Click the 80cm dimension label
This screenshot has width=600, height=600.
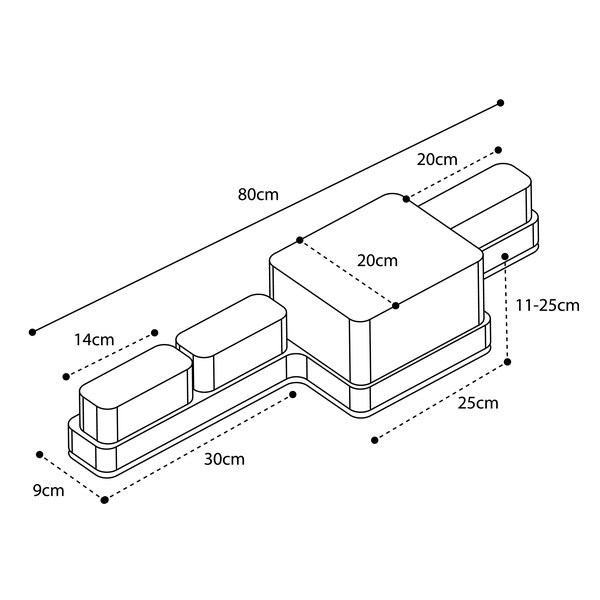(258, 194)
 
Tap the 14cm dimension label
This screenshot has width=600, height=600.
(94, 339)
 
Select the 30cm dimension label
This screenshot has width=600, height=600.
(224, 459)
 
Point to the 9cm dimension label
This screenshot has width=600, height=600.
(49, 490)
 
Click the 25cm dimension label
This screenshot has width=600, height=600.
(478, 403)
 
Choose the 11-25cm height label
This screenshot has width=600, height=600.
(548, 305)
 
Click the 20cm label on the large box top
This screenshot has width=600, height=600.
(378, 261)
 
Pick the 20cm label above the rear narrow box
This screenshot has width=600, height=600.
(437, 160)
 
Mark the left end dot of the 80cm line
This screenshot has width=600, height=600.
(33, 332)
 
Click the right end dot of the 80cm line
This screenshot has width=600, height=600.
(500, 103)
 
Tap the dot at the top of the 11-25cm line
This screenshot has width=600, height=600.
(505, 256)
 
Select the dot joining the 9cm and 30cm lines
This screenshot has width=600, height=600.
(104, 500)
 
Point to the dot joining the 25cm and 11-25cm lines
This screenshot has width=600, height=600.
(508, 362)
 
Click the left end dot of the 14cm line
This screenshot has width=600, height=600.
(66, 377)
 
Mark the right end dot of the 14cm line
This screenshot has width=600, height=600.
(155, 333)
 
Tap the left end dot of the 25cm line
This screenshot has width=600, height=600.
(375, 440)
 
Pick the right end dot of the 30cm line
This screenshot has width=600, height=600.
(293, 395)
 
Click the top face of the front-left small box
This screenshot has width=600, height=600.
(136, 377)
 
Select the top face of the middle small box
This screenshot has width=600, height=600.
(231, 325)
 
